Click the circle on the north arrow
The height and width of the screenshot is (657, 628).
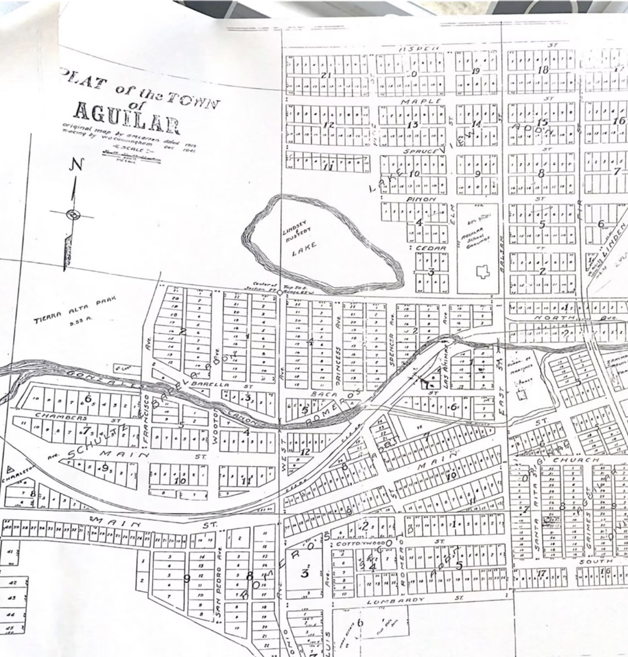point(72,215)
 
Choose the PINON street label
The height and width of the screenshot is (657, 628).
point(421,199)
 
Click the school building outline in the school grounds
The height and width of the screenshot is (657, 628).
point(483,271)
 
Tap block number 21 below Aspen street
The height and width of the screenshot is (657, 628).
point(326,75)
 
